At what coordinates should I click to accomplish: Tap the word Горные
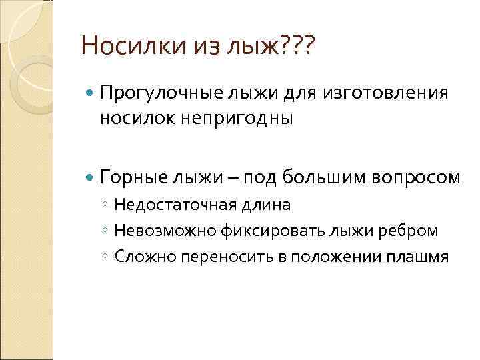[x=133, y=177]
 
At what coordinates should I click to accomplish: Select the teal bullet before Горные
[x=91, y=178]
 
